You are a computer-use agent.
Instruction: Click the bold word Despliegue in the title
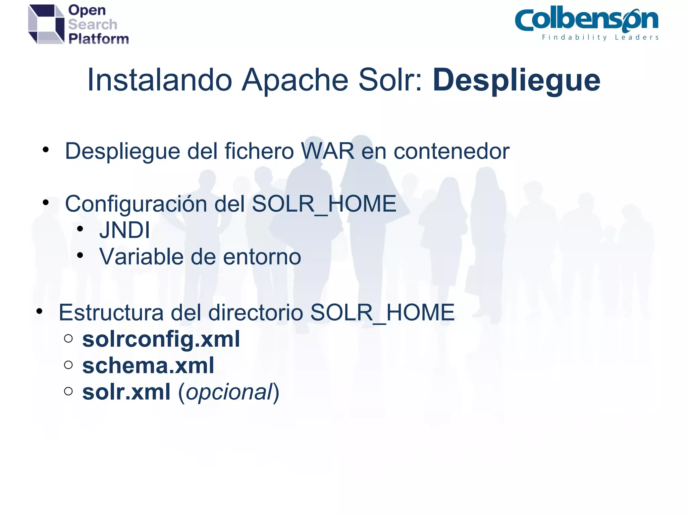tap(516, 80)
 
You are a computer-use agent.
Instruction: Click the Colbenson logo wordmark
tap(586, 20)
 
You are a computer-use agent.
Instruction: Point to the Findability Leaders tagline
tap(600, 38)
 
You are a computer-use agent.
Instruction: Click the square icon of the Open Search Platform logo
tap(46, 24)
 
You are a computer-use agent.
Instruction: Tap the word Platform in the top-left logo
tap(99, 39)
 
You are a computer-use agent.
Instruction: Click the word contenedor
tap(451, 151)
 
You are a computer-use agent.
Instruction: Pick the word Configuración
tap(136, 204)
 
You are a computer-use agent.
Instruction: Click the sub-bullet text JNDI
tap(124, 230)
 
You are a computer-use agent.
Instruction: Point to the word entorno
tap(262, 257)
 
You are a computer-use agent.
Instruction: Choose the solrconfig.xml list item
tap(161, 339)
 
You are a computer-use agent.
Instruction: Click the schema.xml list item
tap(148, 365)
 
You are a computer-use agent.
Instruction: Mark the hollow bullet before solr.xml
tap(68, 391)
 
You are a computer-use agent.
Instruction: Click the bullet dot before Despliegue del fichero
tap(46, 150)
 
